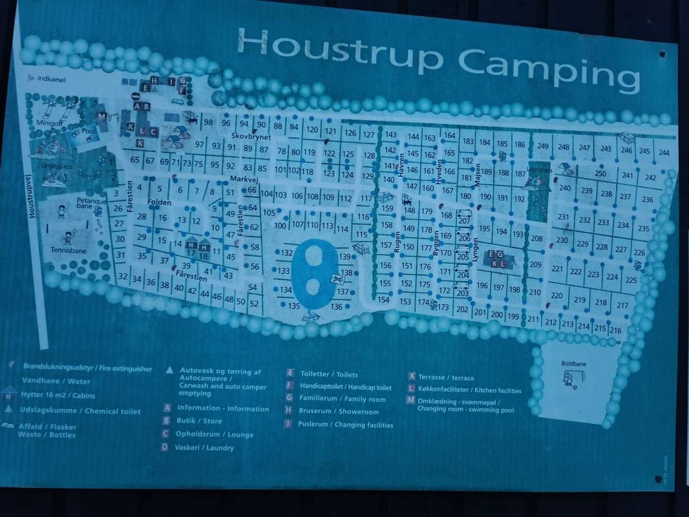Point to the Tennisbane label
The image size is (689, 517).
point(68,249)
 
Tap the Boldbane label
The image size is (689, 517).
point(573,364)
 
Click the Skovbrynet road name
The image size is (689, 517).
point(251,137)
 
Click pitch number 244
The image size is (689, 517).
point(664,153)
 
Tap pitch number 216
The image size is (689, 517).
point(615,331)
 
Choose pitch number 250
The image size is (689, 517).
point(600,173)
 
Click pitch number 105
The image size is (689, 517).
point(269,212)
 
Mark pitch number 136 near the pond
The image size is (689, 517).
point(336,307)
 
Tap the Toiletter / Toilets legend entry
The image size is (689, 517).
point(328,374)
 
